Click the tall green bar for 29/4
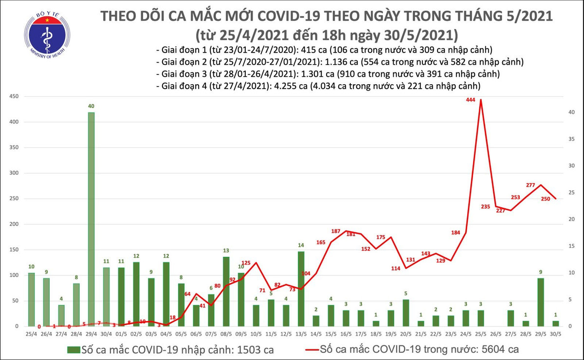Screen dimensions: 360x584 [91, 219]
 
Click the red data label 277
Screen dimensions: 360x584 [531, 185]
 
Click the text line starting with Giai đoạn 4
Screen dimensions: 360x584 [319, 86]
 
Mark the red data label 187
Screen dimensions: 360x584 [336, 230]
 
